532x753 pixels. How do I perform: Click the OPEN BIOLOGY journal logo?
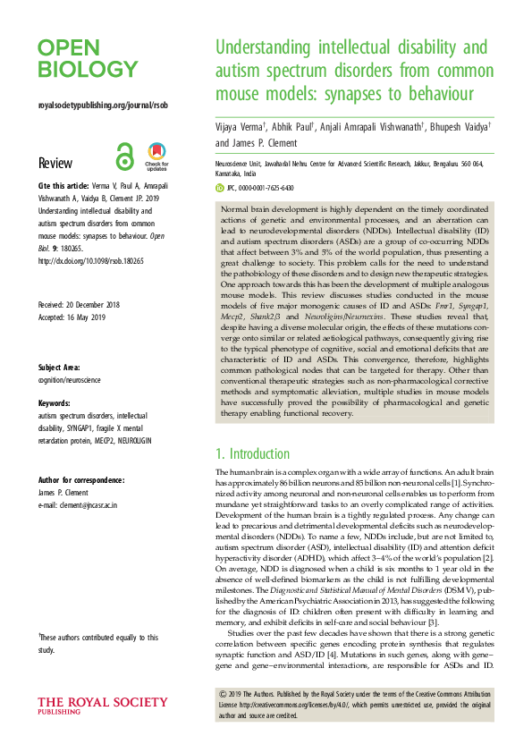[x=88, y=58]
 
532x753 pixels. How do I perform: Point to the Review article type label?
[x=54, y=163]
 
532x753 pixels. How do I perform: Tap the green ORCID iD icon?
[x=222, y=189]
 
